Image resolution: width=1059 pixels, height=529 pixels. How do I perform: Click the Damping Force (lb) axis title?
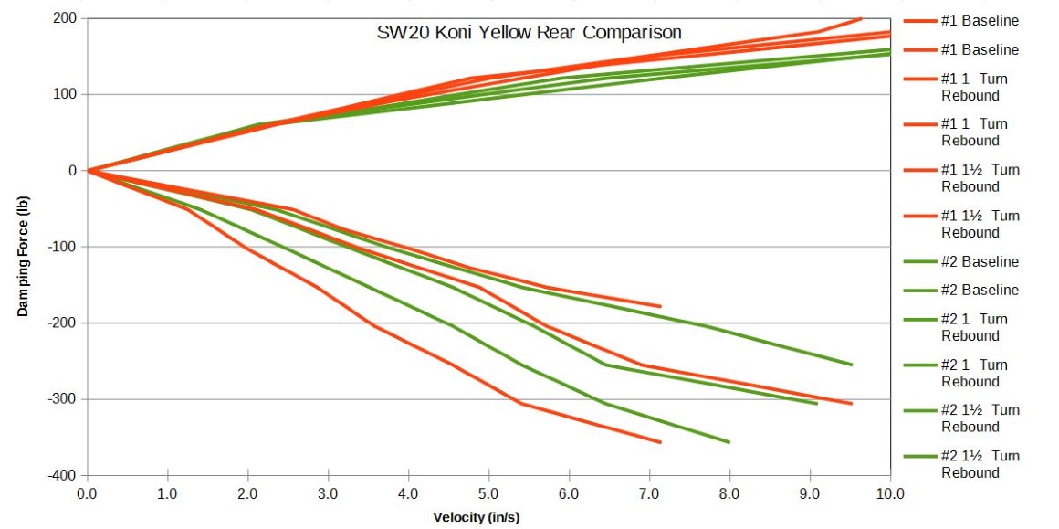coord(23,247)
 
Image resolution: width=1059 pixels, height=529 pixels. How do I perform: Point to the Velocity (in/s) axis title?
coord(488,516)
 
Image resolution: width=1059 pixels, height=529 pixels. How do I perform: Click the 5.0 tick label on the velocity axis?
coord(488,494)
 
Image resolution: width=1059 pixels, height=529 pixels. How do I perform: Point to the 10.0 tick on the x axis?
coord(890,494)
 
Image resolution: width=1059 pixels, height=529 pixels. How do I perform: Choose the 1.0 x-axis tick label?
coord(167,494)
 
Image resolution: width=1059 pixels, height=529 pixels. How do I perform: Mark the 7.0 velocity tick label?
coord(649,494)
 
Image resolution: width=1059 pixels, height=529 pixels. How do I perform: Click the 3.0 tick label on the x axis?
coord(328,494)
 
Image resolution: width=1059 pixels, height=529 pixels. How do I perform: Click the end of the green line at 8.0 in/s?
coord(729,442)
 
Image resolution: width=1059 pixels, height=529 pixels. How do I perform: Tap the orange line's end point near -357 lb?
coord(660,442)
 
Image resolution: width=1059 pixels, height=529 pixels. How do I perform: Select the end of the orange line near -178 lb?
coord(660,306)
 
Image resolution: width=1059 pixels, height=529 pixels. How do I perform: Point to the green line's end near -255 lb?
coord(851,365)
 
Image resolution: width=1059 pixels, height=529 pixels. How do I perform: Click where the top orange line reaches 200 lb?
coord(861,18)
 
